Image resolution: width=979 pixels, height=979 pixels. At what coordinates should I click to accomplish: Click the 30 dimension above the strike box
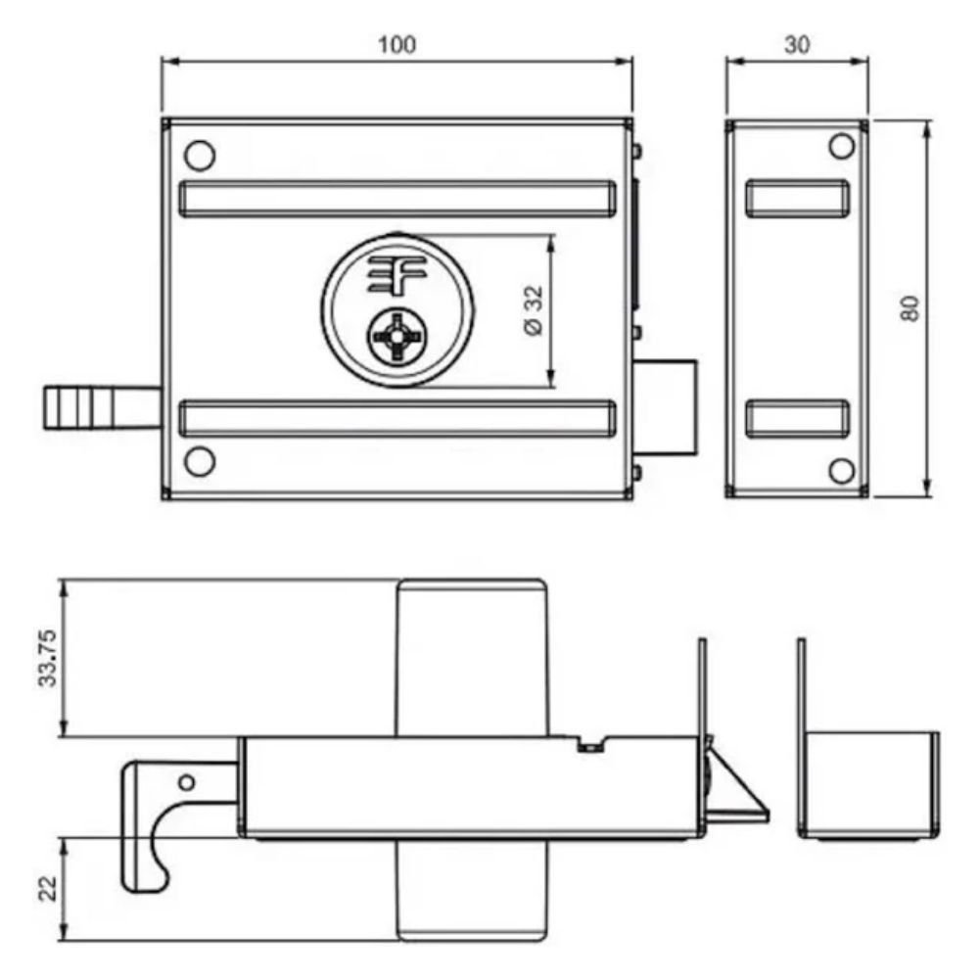(x=797, y=45)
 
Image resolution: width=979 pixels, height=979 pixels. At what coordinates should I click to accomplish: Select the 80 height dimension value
(x=910, y=308)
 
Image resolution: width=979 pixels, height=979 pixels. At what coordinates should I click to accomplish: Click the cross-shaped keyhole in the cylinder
(x=396, y=337)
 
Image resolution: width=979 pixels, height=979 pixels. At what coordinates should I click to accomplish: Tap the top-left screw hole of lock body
(x=199, y=155)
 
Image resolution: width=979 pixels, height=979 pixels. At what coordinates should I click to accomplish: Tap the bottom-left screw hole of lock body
(x=199, y=461)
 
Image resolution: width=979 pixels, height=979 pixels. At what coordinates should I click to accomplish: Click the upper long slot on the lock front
(x=396, y=199)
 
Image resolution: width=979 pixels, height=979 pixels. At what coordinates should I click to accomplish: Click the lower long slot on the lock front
(x=396, y=418)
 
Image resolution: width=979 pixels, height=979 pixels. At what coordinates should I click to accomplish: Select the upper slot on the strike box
(x=797, y=197)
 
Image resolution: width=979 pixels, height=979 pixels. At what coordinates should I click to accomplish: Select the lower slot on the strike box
(x=797, y=418)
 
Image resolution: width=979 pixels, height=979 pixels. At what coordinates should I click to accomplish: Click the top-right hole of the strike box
(x=841, y=147)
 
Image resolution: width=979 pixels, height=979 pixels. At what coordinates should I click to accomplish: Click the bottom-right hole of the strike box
(x=841, y=471)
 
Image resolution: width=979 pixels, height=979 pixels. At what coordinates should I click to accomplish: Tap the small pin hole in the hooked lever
(x=185, y=781)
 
